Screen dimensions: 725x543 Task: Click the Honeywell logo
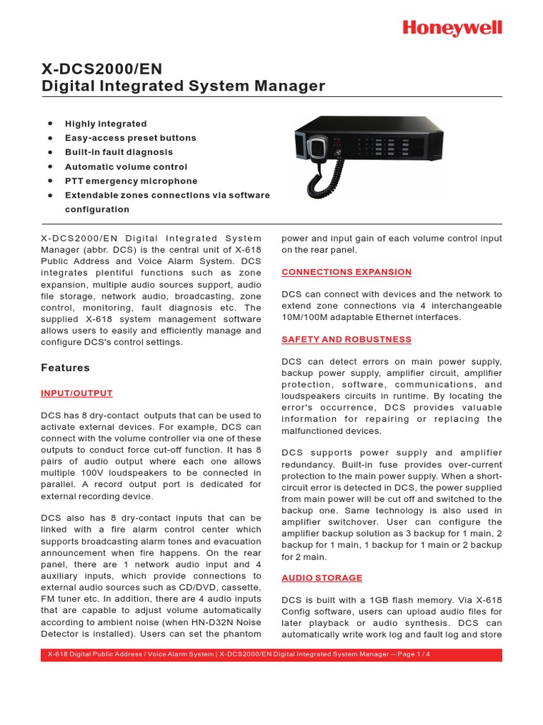[x=452, y=28]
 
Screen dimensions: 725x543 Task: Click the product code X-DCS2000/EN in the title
[x=101, y=69]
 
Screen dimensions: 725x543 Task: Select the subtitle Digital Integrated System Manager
[x=183, y=86]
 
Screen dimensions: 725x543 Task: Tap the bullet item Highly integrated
[x=106, y=124]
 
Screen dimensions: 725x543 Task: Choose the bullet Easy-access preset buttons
[x=131, y=138]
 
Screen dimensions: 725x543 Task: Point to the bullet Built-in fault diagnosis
[x=119, y=152]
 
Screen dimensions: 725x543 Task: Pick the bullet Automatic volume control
[x=126, y=167]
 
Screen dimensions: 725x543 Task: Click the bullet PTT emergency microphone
[x=132, y=181]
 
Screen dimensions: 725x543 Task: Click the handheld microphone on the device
[x=317, y=148]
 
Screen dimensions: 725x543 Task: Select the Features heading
[x=65, y=367]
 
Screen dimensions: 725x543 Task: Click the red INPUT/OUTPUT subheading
[x=76, y=393]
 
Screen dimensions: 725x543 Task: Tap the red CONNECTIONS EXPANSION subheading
[x=346, y=272]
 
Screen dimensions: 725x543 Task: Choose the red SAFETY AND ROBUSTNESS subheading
[x=346, y=339]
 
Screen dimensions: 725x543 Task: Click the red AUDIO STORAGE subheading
[x=322, y=578]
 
